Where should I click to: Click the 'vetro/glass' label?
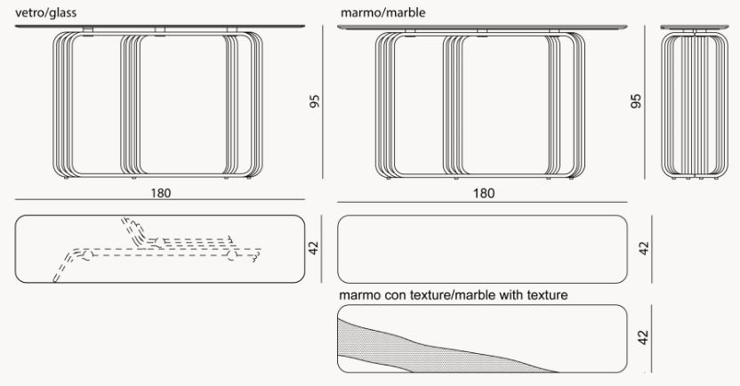pos(45,12)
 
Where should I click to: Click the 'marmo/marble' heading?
pos(382,12)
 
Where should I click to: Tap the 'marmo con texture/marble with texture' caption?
pos(454,295)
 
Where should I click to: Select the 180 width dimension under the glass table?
pos(161,193)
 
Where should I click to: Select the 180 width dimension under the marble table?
pos(484,193)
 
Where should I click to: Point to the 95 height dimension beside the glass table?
pos(314,101)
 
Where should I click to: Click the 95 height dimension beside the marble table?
pos(636,101)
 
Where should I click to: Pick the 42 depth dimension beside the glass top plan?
pos(313,248)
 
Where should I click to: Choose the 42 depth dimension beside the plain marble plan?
pos(644,249)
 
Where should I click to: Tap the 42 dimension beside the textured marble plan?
pos(643,338)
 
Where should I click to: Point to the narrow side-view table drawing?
pos(695,101)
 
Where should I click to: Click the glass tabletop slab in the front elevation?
pos(160,27)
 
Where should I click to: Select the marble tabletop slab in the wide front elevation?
pos(482,28)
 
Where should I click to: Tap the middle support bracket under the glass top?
pos(160,30)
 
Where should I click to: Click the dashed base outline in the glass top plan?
pos(157,250)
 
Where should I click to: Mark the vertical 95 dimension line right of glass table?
pos(323,102)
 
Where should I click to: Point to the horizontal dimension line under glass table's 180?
pos(160,199)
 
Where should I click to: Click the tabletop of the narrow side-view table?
pos(695,28)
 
